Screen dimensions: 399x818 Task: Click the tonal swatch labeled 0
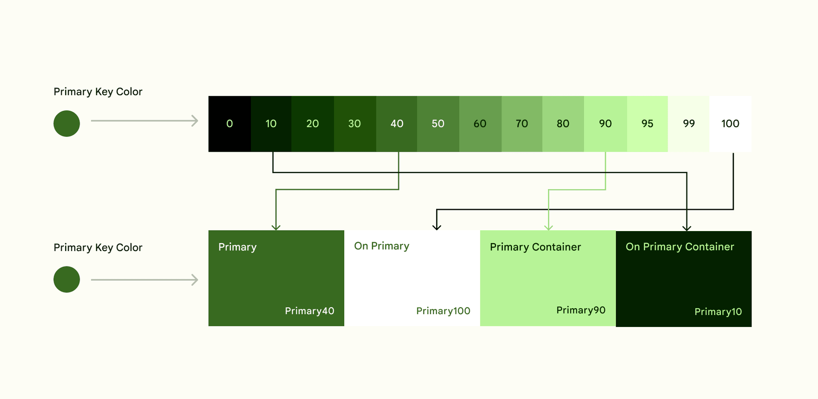[x=229, y=124]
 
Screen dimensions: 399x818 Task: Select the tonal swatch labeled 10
[x=271, y=124]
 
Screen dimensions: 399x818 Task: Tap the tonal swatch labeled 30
[x=354, y=124]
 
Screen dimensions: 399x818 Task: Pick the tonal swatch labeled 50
[x=438, y=124]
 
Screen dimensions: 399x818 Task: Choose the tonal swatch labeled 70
[x=521, y=124]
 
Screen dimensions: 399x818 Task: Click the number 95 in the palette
[x=647, y=124]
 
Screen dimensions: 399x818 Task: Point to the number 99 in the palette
[x=688, y=124]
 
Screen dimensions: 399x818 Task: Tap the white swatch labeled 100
[x=730, y=124]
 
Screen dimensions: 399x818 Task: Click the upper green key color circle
[x=66, y=124]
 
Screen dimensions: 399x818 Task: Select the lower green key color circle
[x=66, y=279]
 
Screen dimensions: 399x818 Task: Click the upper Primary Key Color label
[x=98, y=92]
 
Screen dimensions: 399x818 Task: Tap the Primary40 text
[x=309, y=311]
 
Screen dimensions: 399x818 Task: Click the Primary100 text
[x=443, y=311]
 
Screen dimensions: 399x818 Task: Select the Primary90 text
[x=581, y=310]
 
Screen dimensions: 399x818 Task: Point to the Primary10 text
[x=718, y=312]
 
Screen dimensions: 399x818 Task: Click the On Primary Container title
[x=680, y=247]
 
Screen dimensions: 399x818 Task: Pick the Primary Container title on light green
[x=535, y=247]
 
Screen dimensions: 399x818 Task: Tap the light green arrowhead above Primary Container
[x=549, y=227]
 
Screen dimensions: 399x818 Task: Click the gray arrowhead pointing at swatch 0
[x=195, y=121]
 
